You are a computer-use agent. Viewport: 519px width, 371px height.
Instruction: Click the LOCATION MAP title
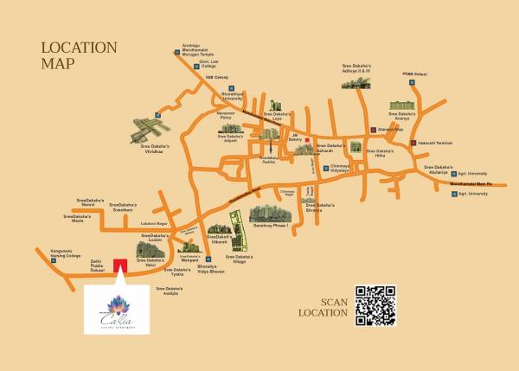tap(79, 54)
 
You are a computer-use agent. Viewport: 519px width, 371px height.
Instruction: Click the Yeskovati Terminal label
tap(435, 142)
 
